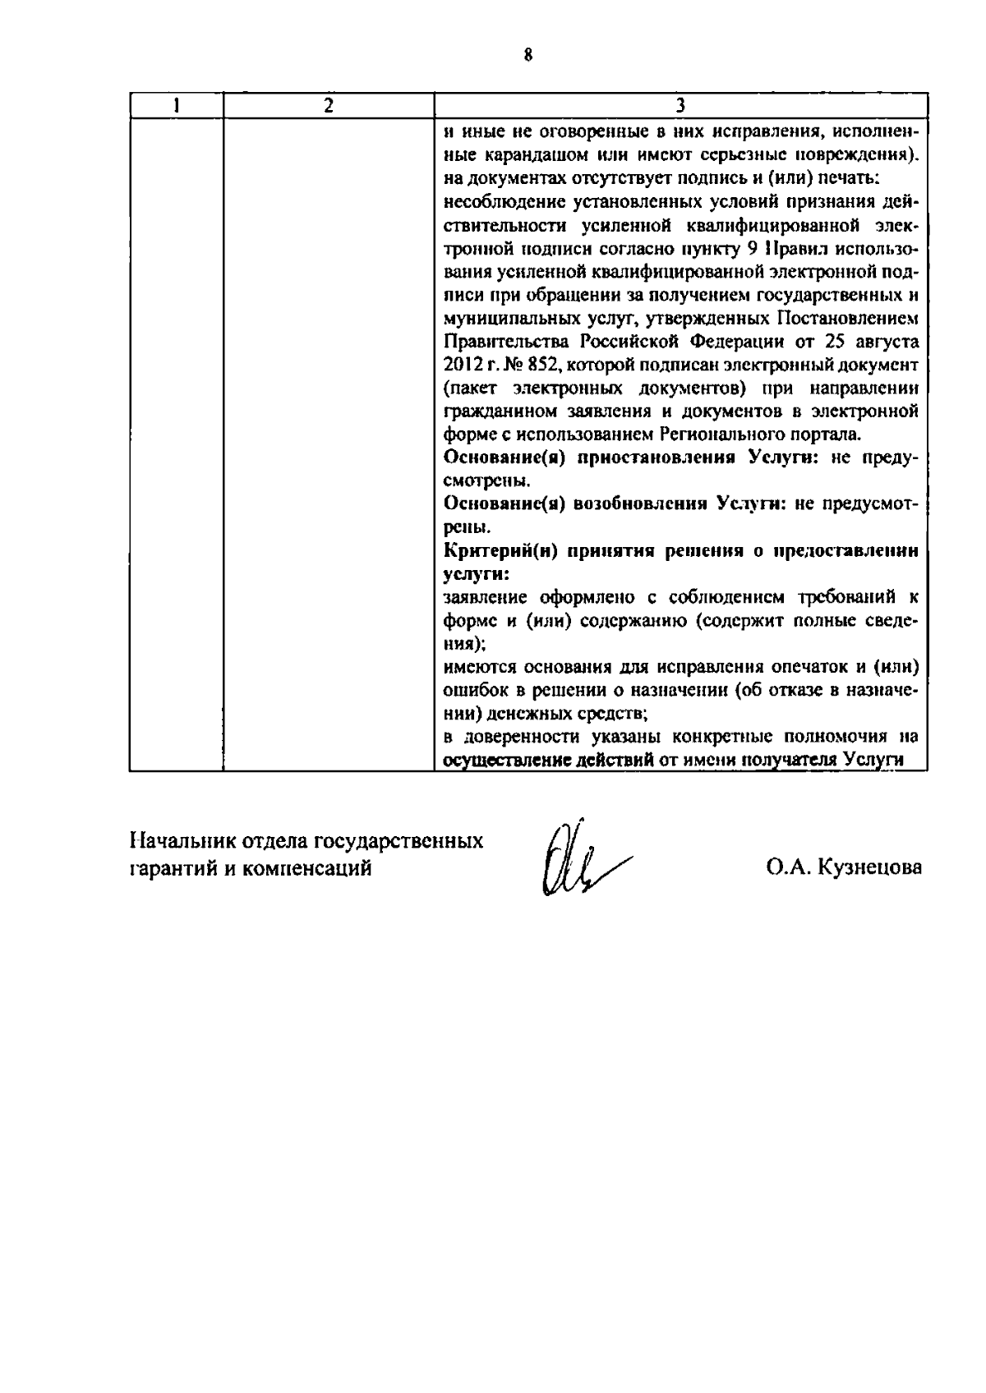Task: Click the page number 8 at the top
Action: tap(528, 56)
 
